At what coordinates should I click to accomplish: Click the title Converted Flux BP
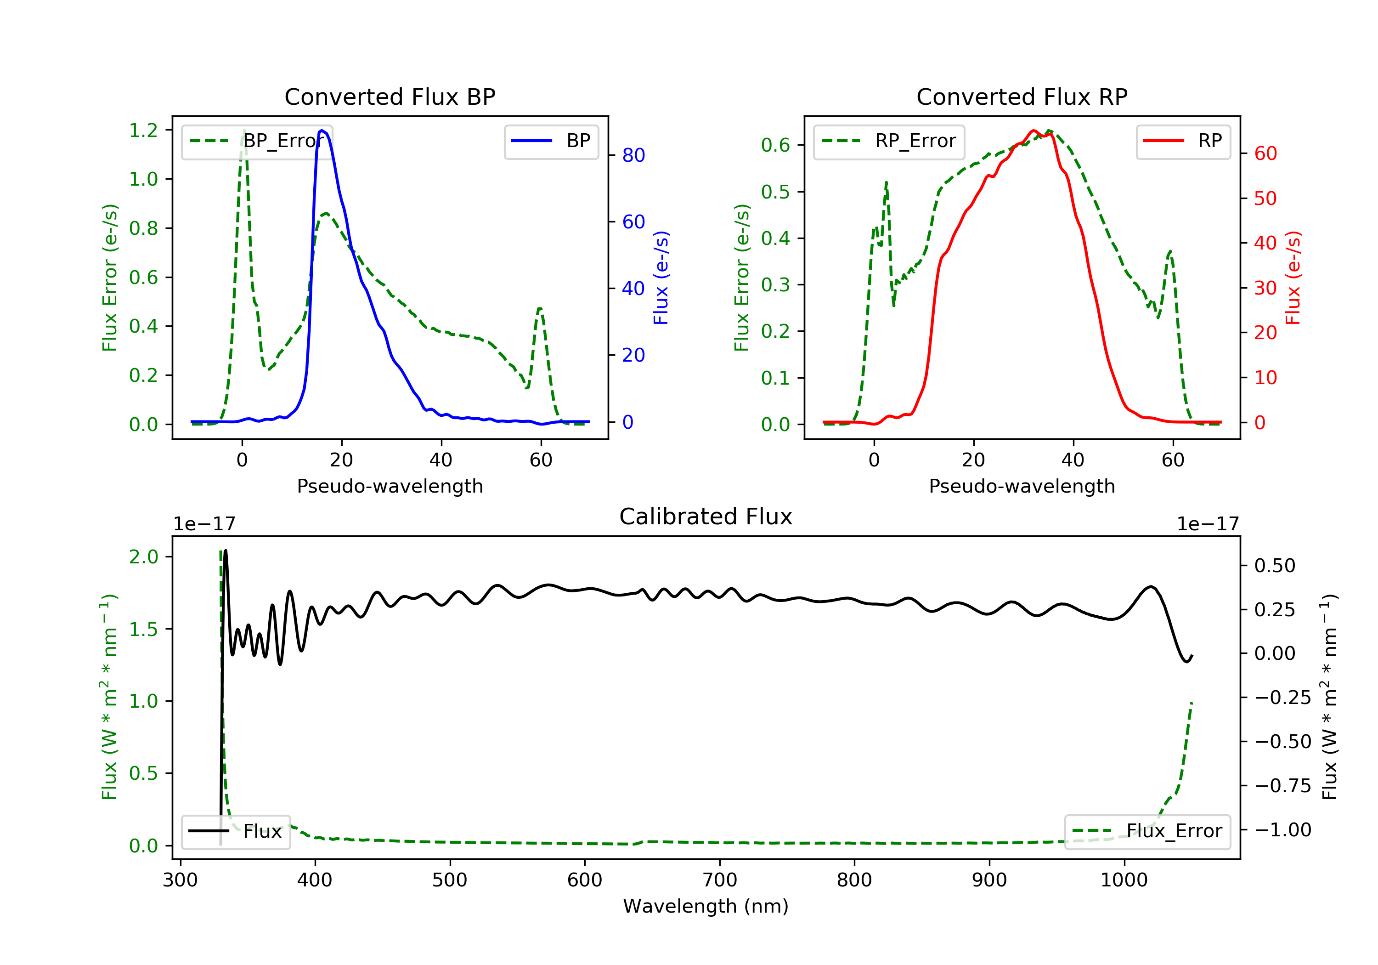pos(390,96)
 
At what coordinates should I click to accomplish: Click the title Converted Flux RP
pos(1022,96)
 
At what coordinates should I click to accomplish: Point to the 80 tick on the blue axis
pos(633,155)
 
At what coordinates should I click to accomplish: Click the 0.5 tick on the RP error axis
pos(775,192)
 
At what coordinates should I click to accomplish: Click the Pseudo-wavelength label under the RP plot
pos(1022,486)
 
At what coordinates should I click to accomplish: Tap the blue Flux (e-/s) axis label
pos(661,278)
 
